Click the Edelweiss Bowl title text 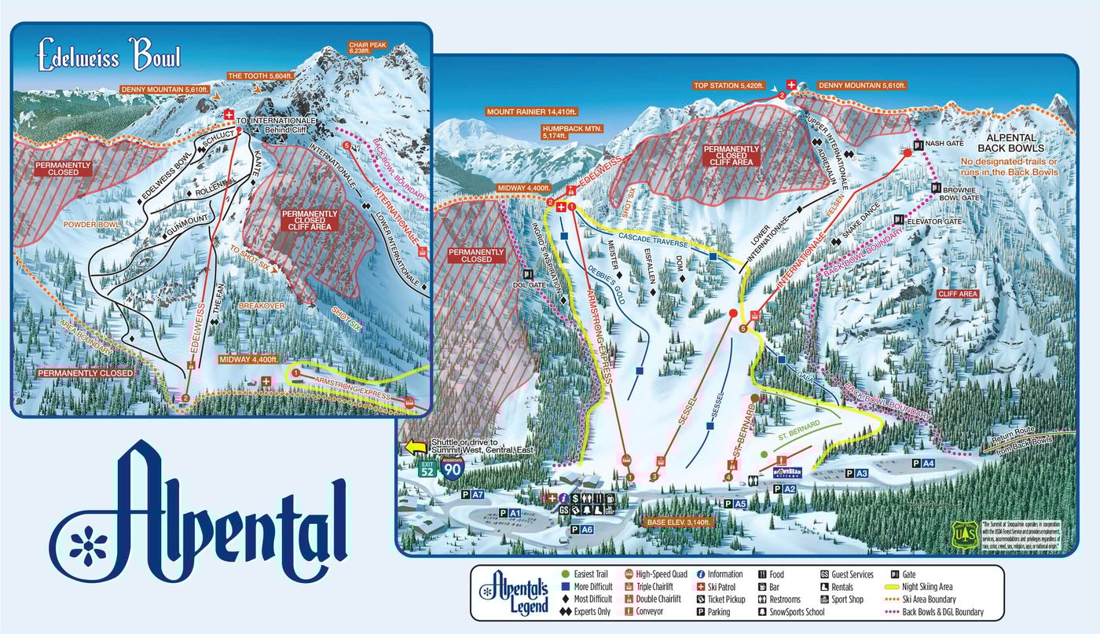(109, 57)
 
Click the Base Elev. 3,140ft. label (679, 522)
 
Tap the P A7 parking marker (472, 495)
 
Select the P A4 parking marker (922, 464)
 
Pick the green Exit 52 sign (427, 470)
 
